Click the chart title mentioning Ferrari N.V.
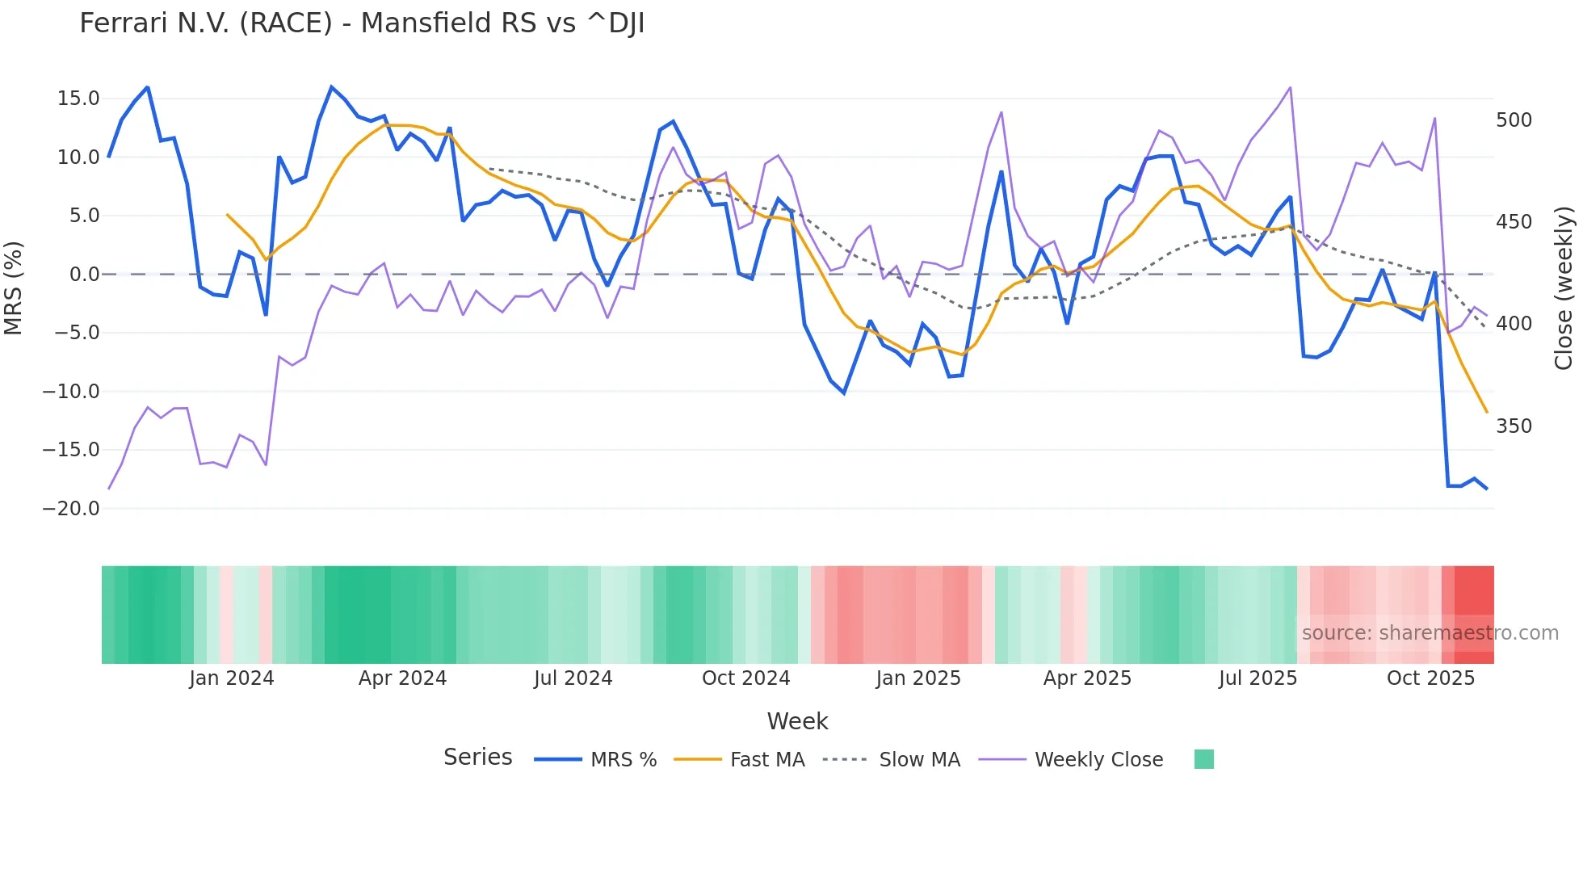point(362,23)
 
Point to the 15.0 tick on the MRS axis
point(78,99)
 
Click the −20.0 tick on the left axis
point(71,508)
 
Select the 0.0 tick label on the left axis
point(84,274)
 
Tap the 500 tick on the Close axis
point(1514,120)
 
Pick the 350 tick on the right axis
point(1514,426)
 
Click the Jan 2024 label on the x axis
point(232,678)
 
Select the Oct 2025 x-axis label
point(1430,678)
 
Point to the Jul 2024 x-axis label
point(573,678)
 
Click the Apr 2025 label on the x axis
point(1087,678)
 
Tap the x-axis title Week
point(797,720)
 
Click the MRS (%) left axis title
point(14,288)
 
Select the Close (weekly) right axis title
point(1564,288)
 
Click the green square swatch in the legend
point(1203,759)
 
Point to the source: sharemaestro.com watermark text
point(1430,632)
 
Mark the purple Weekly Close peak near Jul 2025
point(1290,87)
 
